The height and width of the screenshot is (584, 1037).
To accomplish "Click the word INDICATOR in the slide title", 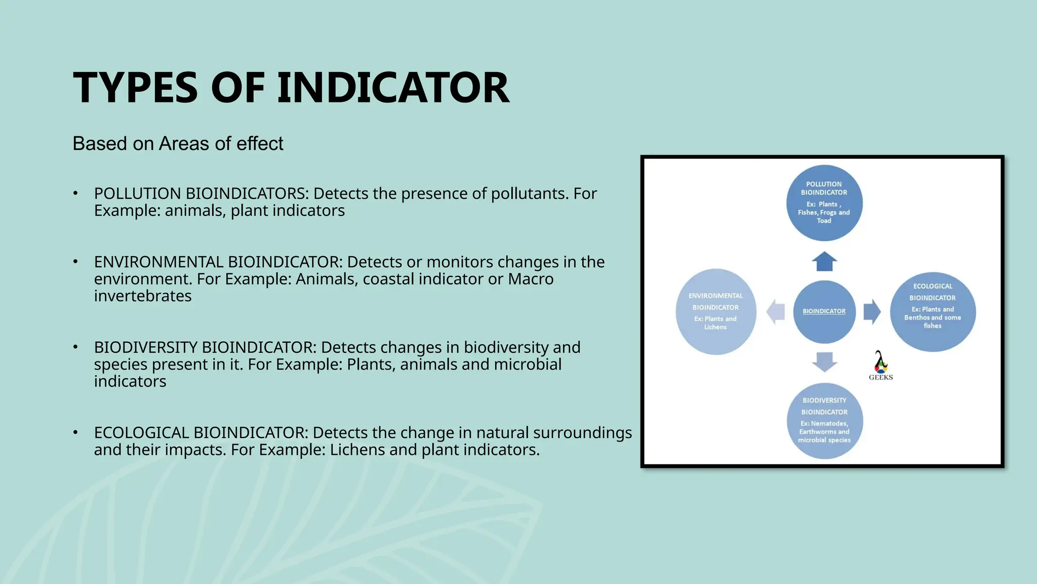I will click(x=393, y=88).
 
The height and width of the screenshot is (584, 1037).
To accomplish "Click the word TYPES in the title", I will click(x=135, y=88).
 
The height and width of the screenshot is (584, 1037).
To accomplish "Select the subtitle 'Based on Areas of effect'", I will click(x=178, y=143).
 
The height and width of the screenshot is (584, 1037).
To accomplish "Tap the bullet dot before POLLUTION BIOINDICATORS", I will click(x=75, y=193).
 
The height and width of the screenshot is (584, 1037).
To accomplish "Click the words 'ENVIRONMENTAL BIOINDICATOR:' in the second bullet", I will click(x=218, y=262).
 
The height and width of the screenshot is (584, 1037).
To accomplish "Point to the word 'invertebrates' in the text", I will click(x=143, y=296).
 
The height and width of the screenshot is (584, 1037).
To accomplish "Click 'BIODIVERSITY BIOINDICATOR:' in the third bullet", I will click(x=205, y=348).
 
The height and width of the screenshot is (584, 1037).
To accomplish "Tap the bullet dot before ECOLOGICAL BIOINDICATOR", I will click(x=75, y=432).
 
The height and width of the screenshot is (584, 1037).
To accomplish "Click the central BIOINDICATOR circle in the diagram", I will click(x=824, y=311).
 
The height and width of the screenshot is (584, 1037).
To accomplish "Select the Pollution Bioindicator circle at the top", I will click(x=824, y=203).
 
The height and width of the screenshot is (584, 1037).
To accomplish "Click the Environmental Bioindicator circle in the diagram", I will click(x=715, y=311).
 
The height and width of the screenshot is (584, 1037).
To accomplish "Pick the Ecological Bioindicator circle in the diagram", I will click(x=933, y=311).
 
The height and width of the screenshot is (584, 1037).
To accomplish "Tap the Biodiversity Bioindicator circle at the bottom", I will click(x=824, y=421).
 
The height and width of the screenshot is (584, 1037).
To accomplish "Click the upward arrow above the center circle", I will click(x=824, y=262).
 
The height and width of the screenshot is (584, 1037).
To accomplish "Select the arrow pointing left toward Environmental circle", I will click(x=775, y=311).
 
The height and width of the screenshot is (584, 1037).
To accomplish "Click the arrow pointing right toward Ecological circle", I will click(x=872, y=311).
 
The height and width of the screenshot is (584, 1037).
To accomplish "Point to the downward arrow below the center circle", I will click(x=824, y=361).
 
